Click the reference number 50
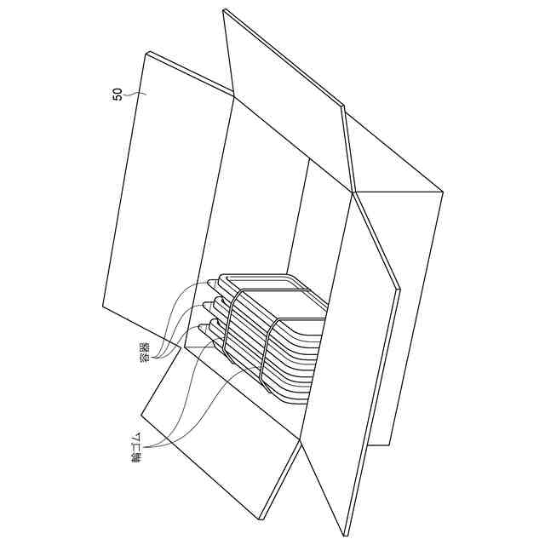click(118, 95)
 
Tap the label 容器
click(145, 352)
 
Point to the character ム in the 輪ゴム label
click(137, 436)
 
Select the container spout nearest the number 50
click(212, 284)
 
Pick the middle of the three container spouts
click(208, 305)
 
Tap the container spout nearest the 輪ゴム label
click(204, 327)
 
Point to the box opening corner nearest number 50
click(233, 96)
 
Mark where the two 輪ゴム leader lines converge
click(147, 446)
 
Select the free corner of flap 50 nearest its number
click(149, 53)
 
